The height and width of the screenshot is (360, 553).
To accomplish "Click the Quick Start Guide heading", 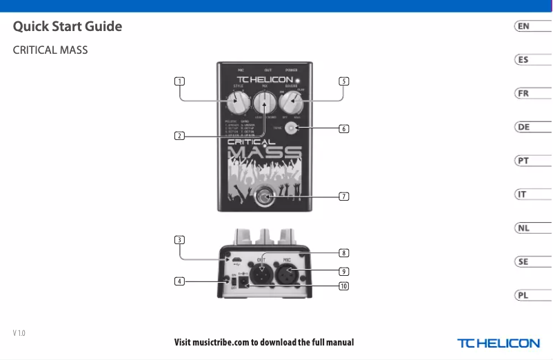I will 68,27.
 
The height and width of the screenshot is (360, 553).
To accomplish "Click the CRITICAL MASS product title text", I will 50,51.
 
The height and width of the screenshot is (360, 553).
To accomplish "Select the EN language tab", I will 524,26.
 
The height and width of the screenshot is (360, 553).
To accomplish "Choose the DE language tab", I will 524,127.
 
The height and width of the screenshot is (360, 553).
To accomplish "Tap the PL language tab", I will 524,295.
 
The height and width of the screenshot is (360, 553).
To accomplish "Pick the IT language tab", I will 524,194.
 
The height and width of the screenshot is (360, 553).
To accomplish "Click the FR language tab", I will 524,93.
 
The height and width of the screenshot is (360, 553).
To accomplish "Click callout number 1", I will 179,81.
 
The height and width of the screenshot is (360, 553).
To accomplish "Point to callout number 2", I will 179,135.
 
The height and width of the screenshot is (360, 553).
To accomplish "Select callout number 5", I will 343,81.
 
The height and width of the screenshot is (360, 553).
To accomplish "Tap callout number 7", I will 343,197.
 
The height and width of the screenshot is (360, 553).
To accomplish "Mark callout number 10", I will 343,286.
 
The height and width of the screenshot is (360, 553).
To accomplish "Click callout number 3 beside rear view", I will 179,240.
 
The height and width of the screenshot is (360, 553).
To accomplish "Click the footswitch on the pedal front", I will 265,197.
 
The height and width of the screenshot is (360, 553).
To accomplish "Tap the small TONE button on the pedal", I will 292,129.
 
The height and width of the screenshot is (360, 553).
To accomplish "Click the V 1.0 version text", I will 19,334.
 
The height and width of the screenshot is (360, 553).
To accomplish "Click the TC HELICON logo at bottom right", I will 498,343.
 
